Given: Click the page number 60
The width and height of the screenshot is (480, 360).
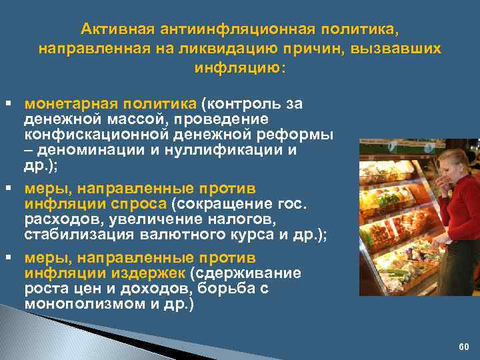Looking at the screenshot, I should (464, 347).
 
